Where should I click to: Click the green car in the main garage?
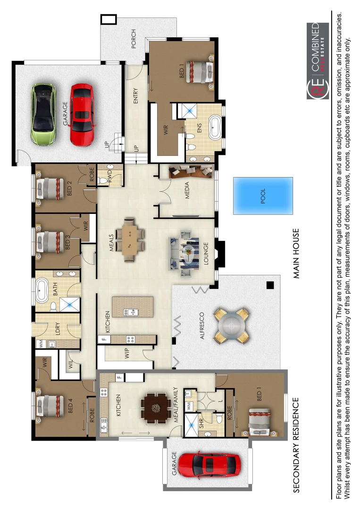click(43, 114)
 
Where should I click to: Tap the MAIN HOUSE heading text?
click(296, 254)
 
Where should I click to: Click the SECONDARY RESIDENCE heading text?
click(296, 445)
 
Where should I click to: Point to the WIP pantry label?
click(127, 356)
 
